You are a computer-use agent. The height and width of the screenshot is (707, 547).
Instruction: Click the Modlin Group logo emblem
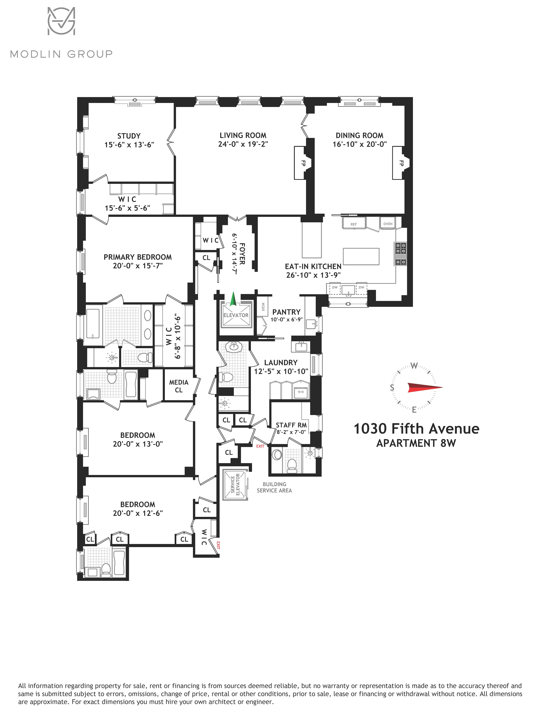62,21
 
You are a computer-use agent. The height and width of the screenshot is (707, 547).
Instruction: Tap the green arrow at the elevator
233,299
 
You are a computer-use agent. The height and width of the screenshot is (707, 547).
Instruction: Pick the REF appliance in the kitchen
354,223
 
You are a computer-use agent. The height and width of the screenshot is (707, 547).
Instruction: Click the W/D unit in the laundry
301,392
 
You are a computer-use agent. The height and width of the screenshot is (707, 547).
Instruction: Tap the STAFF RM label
291,425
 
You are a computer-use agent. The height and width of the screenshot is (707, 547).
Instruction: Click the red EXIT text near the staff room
260,446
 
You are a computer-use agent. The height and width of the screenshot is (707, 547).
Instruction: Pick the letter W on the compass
414,366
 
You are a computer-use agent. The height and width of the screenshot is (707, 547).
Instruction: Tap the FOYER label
242,254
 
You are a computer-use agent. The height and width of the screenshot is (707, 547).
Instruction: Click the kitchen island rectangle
361,256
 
